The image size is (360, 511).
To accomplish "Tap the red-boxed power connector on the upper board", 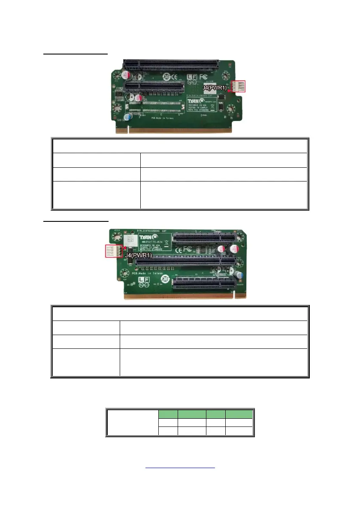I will tap(238, 87).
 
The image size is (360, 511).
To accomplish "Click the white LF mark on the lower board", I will tap(143, 280).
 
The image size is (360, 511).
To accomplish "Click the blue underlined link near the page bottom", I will tap(180, 468).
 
